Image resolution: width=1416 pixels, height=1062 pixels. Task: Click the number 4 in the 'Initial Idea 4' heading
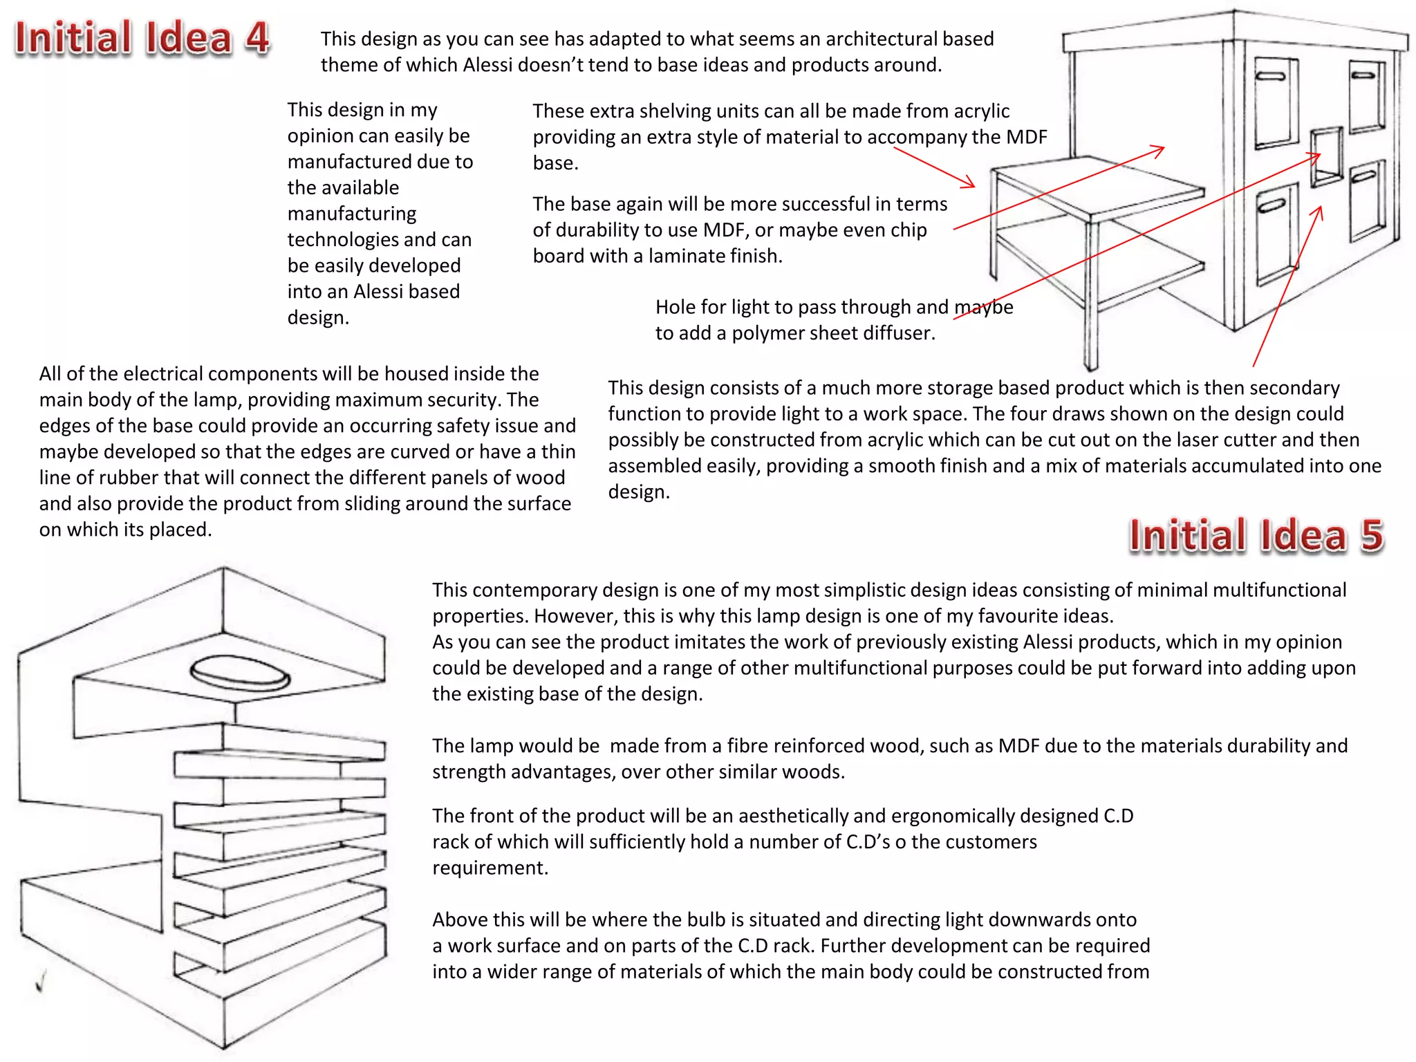pos(257,37)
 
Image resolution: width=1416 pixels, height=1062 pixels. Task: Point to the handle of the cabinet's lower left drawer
pos(1272,205)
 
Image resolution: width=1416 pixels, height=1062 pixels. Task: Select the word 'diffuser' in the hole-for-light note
pos(896,333)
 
